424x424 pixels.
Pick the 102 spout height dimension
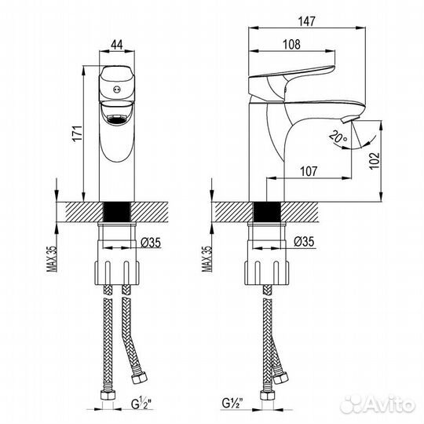[375, 159]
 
